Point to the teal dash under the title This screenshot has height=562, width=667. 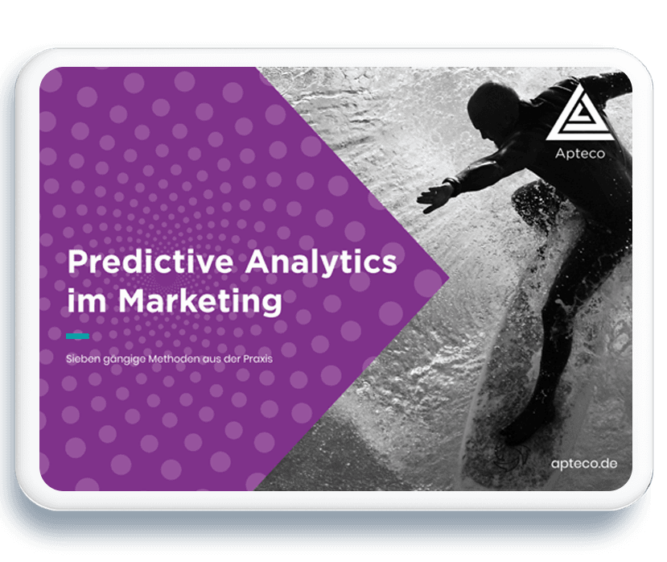coord(77,335)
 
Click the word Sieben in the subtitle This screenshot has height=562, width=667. coord(82,359)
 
